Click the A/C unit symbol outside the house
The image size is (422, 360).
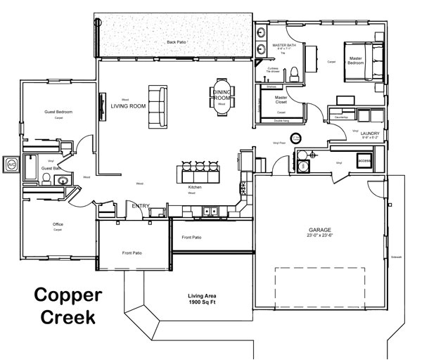11,164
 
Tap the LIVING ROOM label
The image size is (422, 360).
127,105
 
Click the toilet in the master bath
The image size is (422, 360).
295,69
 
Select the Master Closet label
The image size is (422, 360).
282,100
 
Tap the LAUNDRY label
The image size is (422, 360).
371,133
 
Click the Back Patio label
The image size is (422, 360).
176,42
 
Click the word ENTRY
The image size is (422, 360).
139,206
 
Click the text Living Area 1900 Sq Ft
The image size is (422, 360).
191,298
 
